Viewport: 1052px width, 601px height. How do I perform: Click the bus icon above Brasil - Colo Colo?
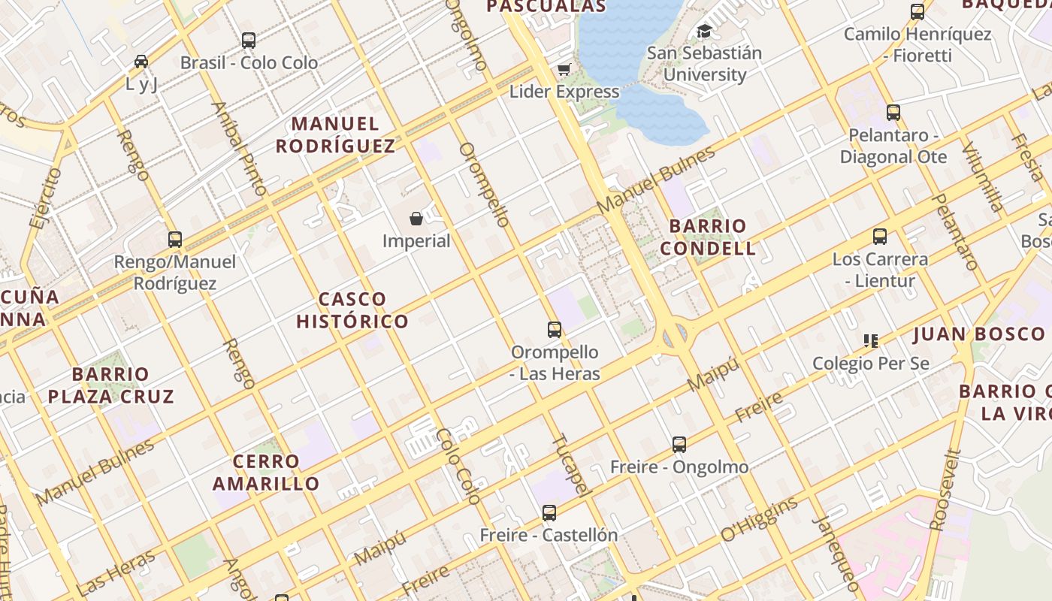click(249, 41)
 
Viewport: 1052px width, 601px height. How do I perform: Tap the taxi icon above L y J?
click(141, 62)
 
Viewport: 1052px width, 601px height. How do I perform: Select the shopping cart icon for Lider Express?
click(564, 70)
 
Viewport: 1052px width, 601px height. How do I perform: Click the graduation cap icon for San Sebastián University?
click(704, 31)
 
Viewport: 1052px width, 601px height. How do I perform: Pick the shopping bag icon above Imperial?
click(416, 219)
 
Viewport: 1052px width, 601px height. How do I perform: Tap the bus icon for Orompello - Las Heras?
click(555, 329)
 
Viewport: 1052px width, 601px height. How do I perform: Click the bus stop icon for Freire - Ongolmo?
click(679, 445)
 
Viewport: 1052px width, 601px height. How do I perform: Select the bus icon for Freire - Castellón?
click(549, 513)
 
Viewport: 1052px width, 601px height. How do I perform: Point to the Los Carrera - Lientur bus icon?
click(880, 237)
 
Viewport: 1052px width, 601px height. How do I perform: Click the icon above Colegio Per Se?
click(871, 341)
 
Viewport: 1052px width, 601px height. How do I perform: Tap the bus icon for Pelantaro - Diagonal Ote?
click(893, 113)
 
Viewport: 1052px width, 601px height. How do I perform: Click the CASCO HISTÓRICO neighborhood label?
click(352, 310)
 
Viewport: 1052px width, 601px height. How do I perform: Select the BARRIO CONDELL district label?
click(708, 237)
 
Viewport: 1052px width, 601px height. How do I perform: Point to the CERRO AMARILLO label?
click(266, 473)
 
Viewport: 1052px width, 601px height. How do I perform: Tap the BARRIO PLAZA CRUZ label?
click(111, 385)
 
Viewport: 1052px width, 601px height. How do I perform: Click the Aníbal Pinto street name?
click(240, 149)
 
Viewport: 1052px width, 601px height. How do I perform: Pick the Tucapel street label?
click(569, 464)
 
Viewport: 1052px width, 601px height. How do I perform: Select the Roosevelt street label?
click(945, 490)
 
